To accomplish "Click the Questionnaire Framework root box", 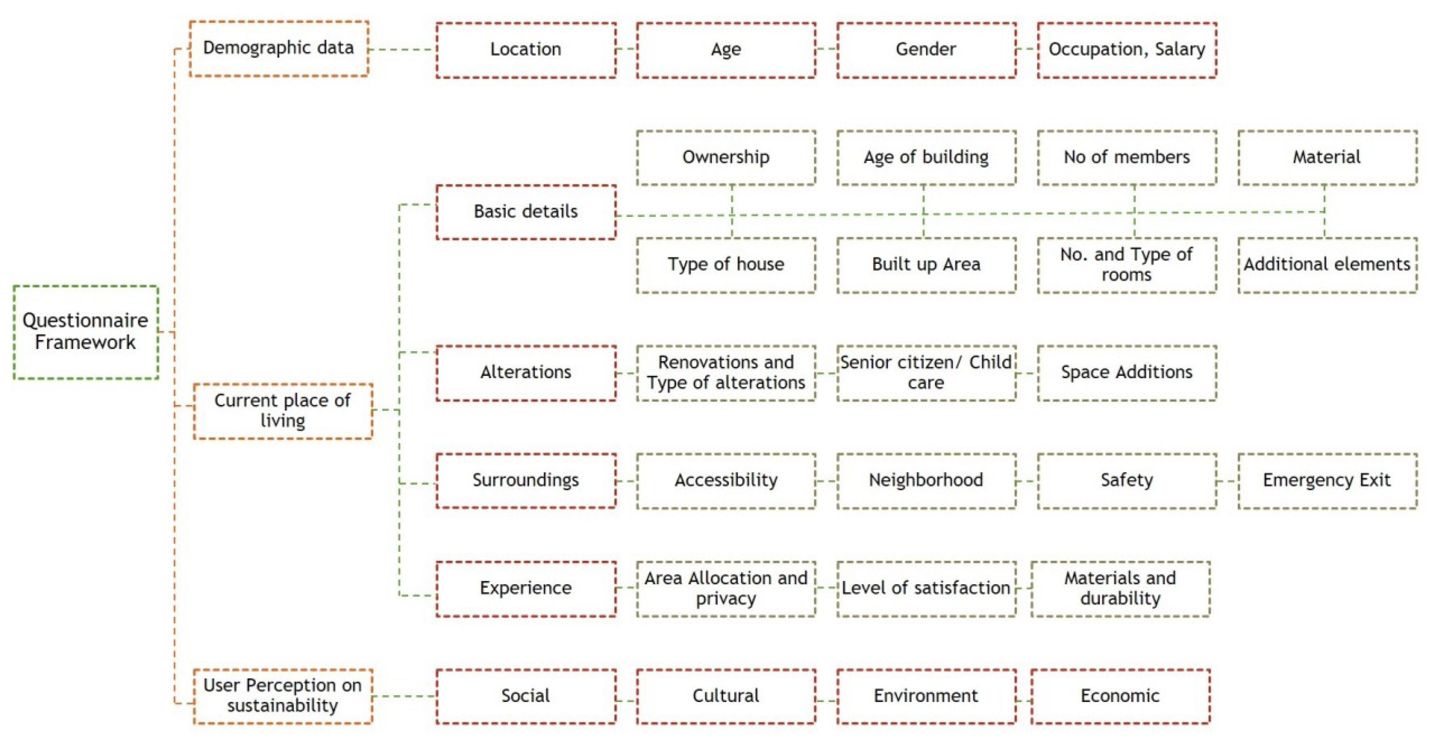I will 86,332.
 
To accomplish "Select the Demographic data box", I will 279,49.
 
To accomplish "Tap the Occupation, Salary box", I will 1126,50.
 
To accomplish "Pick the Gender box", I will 926,50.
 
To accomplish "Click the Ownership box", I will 726,157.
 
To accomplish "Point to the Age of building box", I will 926,157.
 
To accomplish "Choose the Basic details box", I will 526,212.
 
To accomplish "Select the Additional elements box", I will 1327,265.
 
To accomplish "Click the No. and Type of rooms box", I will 1126,265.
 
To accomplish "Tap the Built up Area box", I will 926,265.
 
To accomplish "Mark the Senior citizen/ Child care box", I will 926,373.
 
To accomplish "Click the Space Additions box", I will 1126,373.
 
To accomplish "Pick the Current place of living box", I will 282,411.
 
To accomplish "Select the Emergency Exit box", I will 1327,480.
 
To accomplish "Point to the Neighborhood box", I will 926,480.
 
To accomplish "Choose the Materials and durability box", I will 1121,589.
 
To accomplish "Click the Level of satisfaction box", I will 926,589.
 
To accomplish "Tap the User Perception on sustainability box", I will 282,696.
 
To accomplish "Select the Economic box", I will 1121,696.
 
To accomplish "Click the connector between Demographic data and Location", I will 402,50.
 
